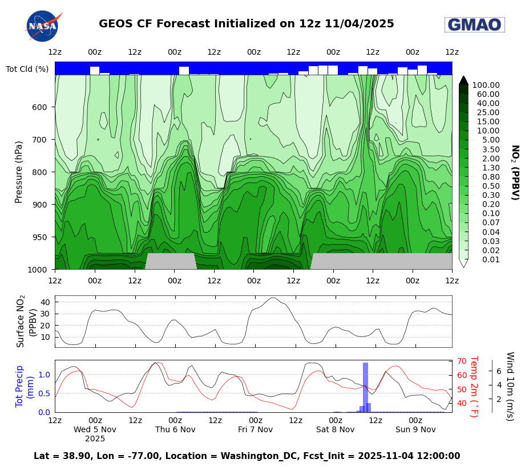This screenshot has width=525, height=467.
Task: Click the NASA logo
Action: point(43,26)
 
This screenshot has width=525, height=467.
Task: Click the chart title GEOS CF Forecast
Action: point(246,24)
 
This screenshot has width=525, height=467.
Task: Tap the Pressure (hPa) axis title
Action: point(19,172)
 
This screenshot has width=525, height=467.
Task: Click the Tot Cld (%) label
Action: point(27,69)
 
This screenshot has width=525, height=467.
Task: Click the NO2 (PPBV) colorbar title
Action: point(514,172)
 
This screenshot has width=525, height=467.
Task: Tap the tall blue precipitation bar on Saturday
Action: point(365,387)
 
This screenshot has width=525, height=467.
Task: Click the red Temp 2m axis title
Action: point(473,386)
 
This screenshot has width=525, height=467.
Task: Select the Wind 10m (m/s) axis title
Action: point(510,386)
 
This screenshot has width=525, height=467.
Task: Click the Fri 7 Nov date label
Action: point(255,429)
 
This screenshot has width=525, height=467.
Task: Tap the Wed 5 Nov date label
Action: point(95,429)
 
